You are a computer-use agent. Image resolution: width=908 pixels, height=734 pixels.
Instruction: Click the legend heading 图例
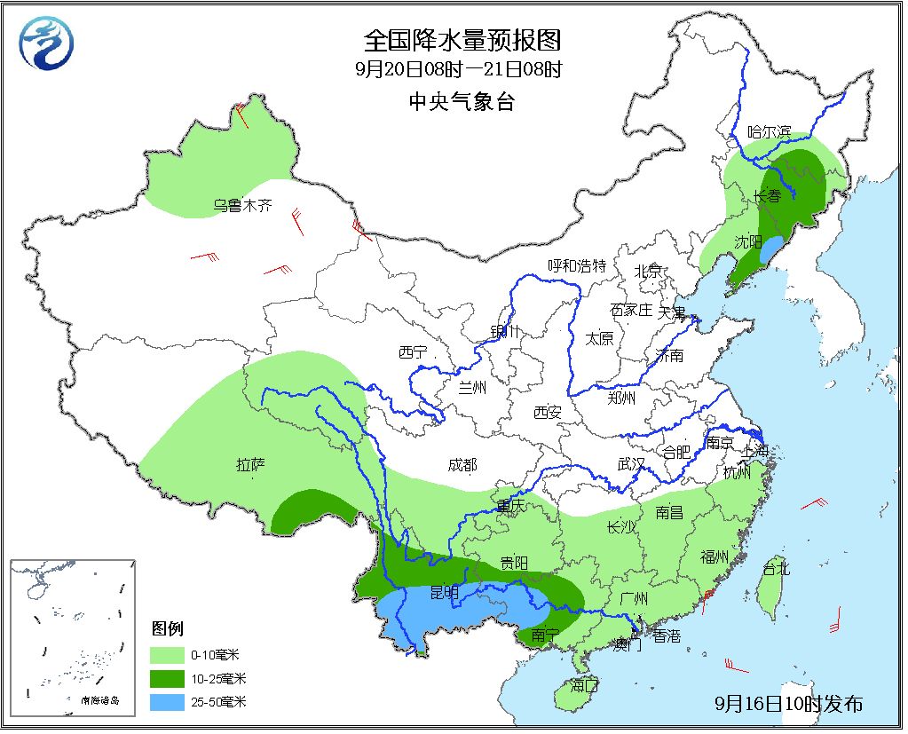pos(167,629)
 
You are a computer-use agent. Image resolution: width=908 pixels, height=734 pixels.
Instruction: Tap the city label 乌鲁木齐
pos(242,206)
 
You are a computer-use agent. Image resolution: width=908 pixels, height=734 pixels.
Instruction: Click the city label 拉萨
pos(251,463)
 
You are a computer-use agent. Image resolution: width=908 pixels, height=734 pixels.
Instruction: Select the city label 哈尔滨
pos(769,131)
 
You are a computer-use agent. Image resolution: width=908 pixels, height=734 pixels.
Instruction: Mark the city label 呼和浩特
pos(576,265)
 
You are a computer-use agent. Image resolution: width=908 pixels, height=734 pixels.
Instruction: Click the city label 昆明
pos(444,591)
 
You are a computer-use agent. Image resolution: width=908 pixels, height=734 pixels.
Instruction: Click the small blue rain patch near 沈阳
pos(773,248)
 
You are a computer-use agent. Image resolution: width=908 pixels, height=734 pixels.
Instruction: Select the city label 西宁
pos(413,352)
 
